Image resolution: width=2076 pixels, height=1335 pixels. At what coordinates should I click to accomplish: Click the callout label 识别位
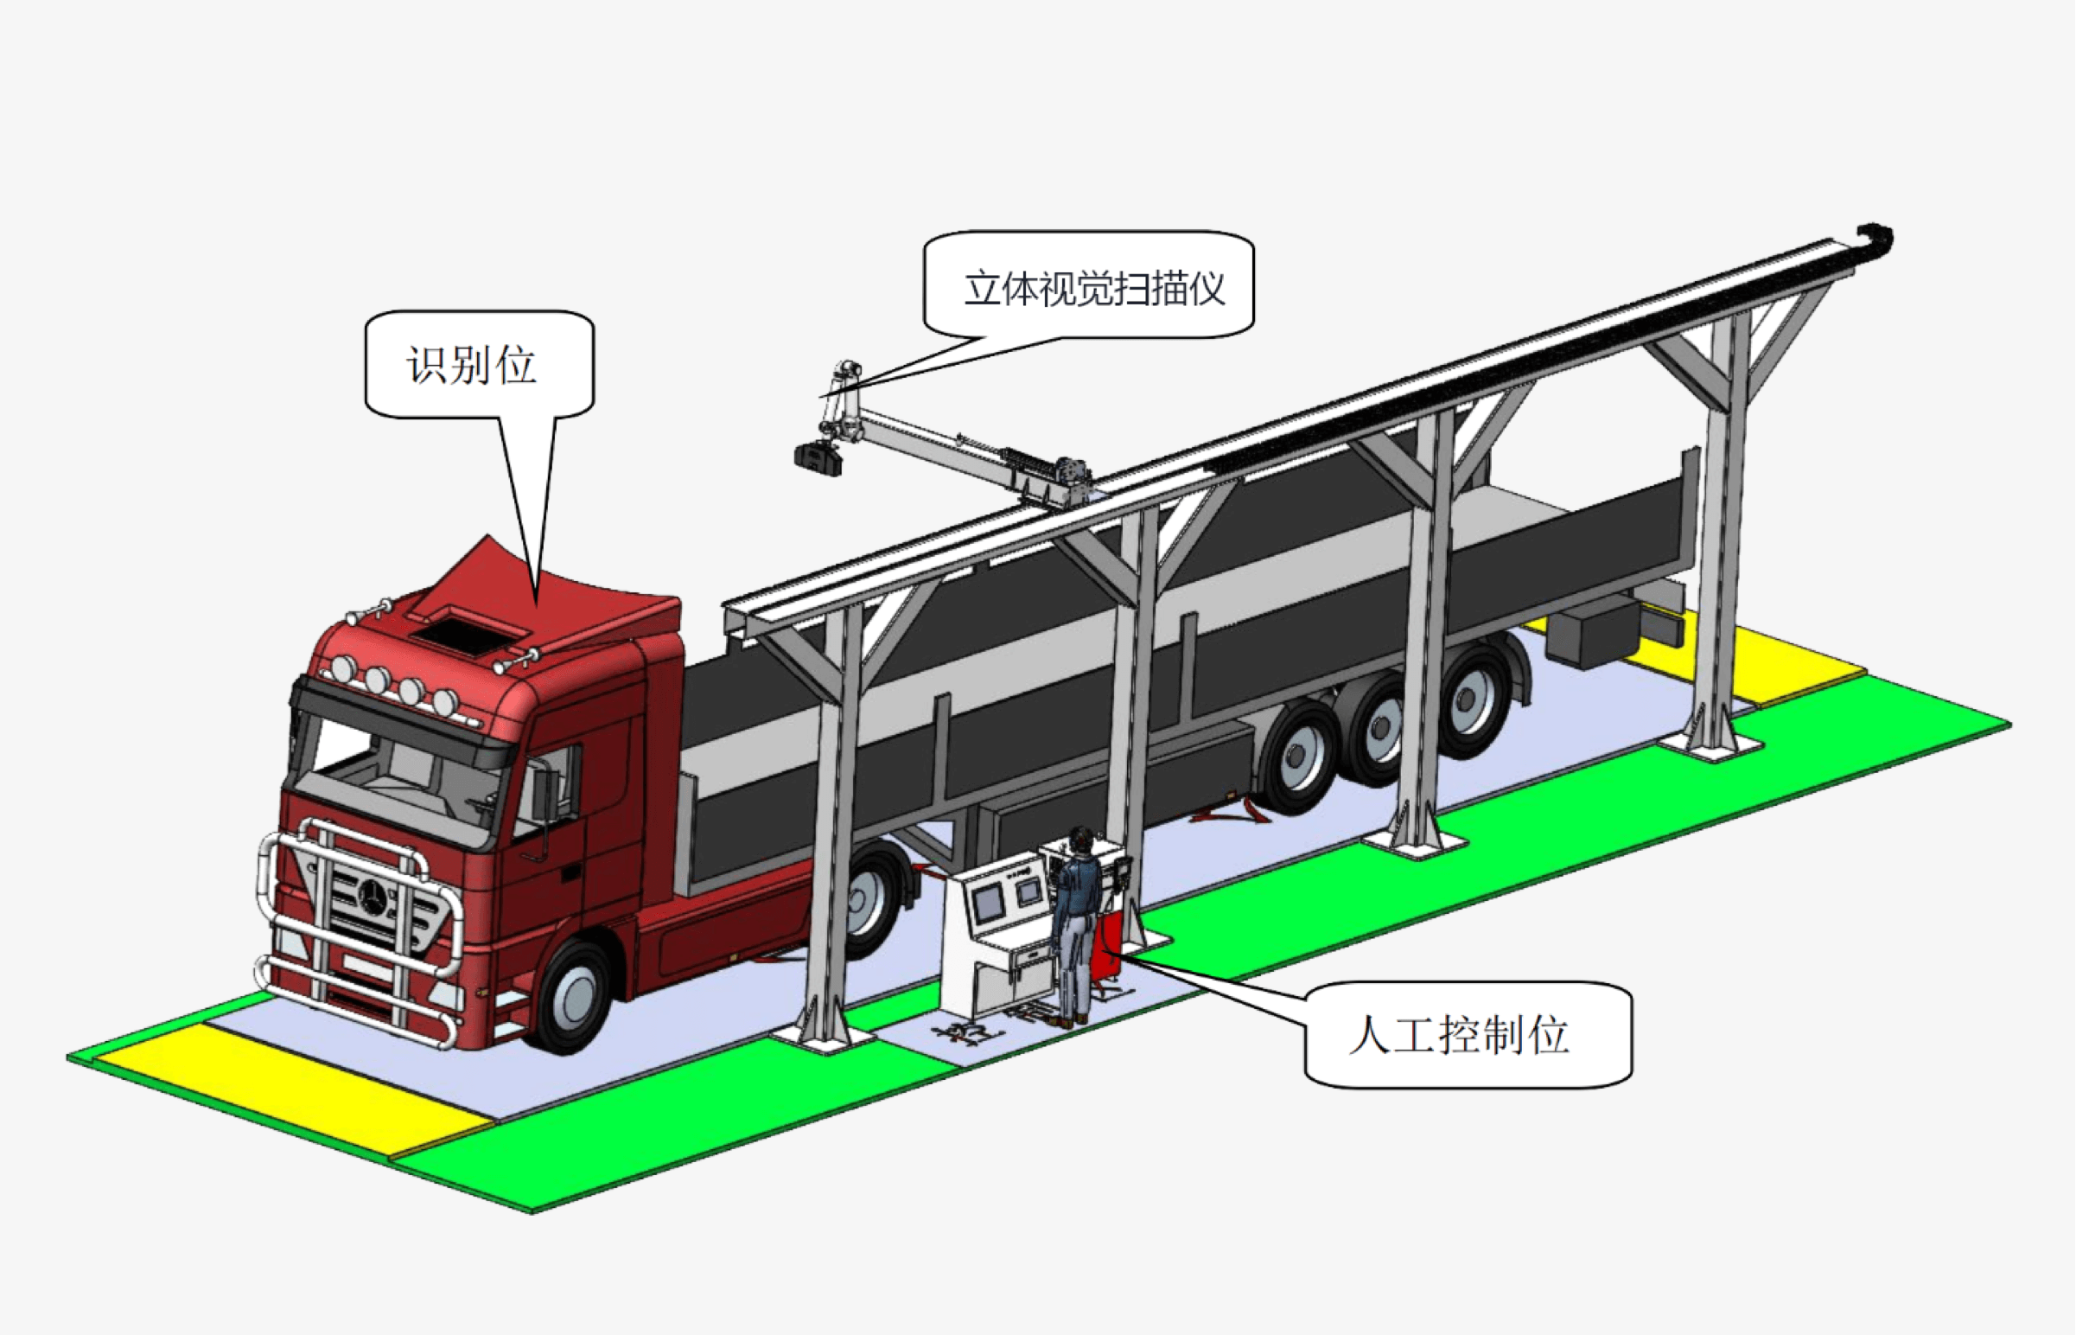pyautogui.click(x=472, y=365)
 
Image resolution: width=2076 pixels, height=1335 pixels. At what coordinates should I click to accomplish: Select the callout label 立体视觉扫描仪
pyautogui.click(x=1093, y=289)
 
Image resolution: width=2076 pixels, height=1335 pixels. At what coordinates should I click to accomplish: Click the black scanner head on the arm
pyautogui.click(x=818, y=457)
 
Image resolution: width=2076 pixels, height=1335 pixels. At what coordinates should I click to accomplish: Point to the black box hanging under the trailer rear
pyautogui.click(x=1595, y=636)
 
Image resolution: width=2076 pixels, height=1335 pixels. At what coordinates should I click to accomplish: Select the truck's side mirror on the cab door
pyautogui.click(x=547, y=793)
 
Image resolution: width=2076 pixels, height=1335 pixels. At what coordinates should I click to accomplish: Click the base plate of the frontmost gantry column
pyautogui.click(x=823, y=1036)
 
